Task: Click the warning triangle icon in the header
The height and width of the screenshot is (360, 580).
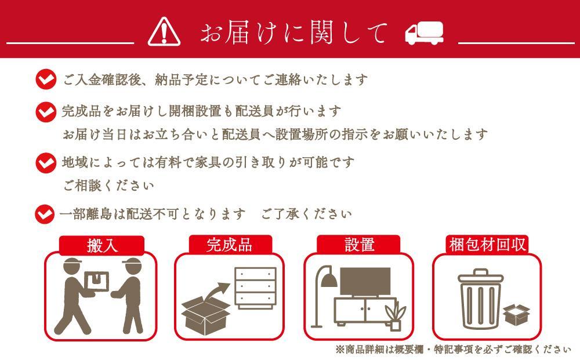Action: tap(164, 31)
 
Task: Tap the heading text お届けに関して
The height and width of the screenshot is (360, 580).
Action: tap(293, 32)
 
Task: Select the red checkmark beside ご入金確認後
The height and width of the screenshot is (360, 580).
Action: tap(46, 79)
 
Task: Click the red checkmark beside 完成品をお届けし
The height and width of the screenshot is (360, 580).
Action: tap(46, 111)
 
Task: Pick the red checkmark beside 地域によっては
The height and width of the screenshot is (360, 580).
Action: tap(46, 162)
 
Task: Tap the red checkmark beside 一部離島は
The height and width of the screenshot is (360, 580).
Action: tap(46, 214)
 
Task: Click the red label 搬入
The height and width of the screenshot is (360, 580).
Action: tap(102, 245)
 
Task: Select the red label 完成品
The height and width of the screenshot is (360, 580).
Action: tap(229, 245)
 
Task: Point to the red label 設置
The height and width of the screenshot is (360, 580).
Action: tap(359, 245)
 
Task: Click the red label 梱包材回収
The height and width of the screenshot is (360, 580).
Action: tap(487, 245)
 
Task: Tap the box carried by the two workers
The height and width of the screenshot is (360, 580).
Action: tap(96, 281)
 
